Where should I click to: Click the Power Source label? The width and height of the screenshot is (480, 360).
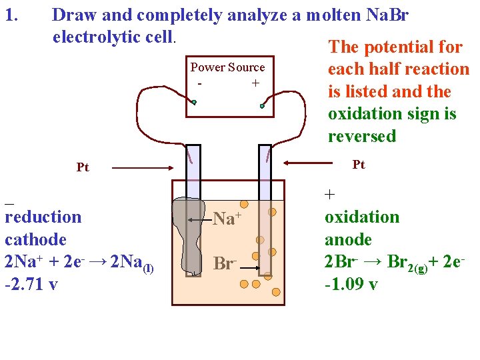tap(227, 67)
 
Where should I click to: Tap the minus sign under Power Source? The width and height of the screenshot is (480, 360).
tap(200, 83)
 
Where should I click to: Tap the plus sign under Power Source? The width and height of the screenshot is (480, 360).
tap(255, 83)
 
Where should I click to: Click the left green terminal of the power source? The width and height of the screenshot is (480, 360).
tap(194, 103)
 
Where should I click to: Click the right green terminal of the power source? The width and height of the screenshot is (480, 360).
tap(263, 106)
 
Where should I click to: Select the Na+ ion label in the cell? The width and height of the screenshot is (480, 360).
tap(226, 217)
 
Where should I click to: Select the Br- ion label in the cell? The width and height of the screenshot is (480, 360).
tap(224, 263)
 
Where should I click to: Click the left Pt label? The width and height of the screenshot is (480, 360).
tap(82, 167)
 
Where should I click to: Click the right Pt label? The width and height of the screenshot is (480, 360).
tap(359, 165)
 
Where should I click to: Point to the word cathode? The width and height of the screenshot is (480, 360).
tap(35, 239)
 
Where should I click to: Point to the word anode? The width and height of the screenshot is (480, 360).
tap(348, 239)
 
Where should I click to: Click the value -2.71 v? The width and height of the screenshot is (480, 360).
tap(31, 285)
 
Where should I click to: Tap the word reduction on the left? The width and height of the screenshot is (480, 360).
tap(43, 217)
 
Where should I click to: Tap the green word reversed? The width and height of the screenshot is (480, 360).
tap(361, 137)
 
